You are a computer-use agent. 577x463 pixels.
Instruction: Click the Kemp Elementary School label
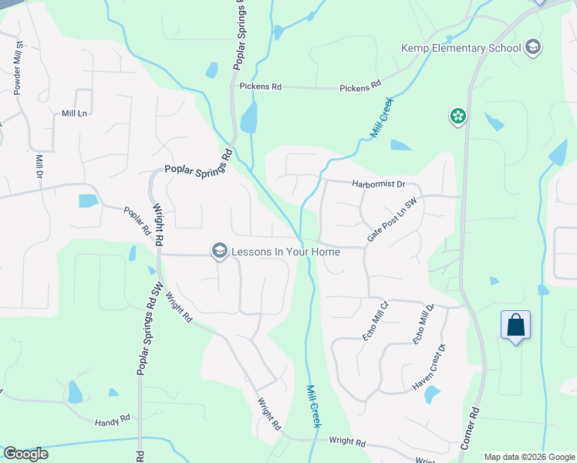coord(461,49)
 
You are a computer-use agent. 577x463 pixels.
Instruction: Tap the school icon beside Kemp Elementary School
coord(531,49)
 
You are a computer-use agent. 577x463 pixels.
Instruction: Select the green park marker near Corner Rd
coord(458,117)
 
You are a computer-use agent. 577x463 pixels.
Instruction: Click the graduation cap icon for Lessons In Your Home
coord(219,250)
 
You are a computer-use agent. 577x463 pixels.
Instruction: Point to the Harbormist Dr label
coord(377,184)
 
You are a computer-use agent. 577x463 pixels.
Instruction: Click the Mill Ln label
coord(75,113)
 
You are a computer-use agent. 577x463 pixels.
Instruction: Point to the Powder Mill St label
coord(17,69)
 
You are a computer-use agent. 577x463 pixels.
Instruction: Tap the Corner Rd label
coord(471,429)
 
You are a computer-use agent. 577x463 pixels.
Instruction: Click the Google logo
coord(25,454)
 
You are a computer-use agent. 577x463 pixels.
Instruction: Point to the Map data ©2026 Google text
coord(529,457)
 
